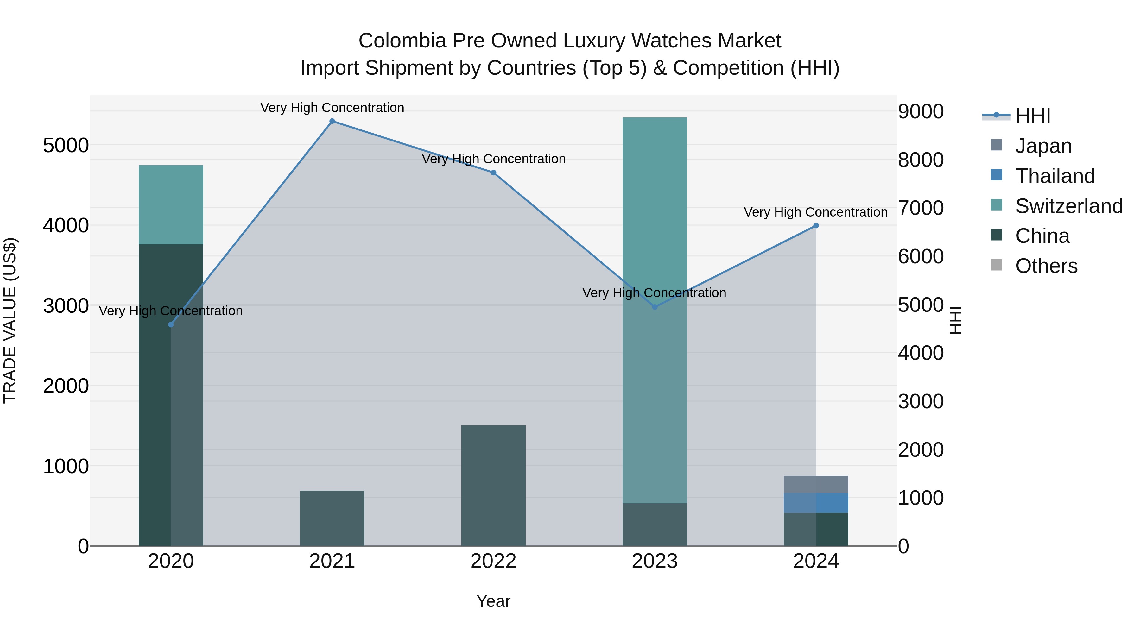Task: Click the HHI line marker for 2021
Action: [x=332, y=121]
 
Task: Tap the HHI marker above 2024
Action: [x=816, y=226]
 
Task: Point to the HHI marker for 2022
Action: [x=493, y=173]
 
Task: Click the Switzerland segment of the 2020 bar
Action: [x=171, y=205]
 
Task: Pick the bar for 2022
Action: [x=493, y=485]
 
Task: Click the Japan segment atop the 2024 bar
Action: [x=816, y=484]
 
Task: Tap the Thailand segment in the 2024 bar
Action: [x=816, y=503]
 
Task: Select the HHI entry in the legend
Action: [x=1032, y=116]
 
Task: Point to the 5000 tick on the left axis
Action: [x=66, y=146]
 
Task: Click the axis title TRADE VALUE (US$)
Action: [x=10, y=320]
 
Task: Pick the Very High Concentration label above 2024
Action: [x=816, y=212]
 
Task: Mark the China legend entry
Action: [x=1042, y=236]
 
